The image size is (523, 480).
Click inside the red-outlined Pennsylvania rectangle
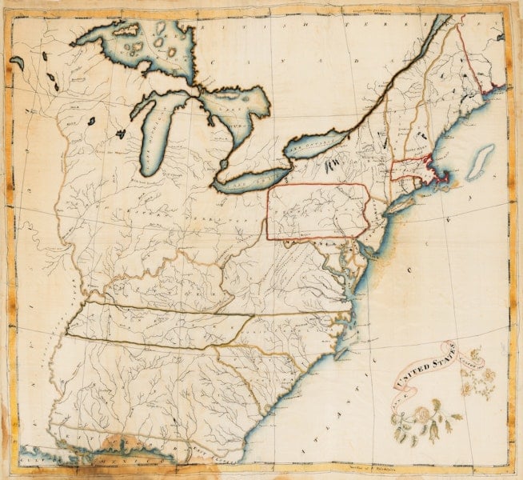coord(316,211)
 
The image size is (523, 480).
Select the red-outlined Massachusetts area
coord(412,169)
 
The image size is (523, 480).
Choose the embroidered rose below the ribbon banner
coord(419,416)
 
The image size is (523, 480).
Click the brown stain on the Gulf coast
coord(120,444)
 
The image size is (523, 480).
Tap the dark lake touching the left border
coord(17,60)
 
